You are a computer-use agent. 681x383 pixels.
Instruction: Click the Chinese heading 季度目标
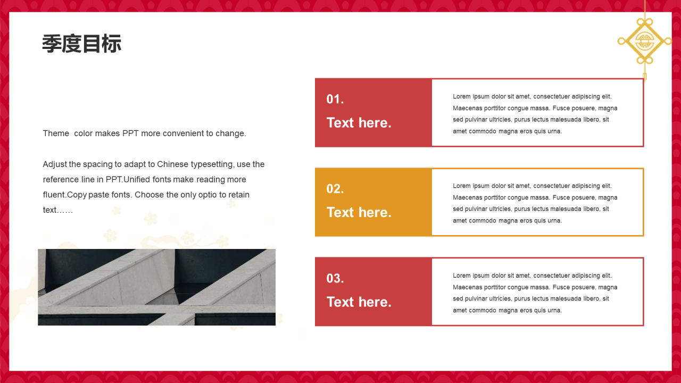point(82,44)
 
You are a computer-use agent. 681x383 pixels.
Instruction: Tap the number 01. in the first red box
point(335,99)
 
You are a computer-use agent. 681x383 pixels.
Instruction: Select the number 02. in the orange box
point(335,189)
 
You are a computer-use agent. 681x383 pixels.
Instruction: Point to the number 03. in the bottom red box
point(335,278)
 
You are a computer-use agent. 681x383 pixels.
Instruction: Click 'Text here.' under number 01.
point(359,123)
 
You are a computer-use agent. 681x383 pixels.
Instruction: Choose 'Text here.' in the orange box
point(359,212)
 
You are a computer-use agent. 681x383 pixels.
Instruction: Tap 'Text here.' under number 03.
point(359,302)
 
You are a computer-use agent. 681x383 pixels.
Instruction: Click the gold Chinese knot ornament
point(644,41)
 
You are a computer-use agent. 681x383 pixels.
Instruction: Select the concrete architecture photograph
point(156,287)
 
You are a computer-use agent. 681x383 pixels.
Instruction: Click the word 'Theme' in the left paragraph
point(56,134)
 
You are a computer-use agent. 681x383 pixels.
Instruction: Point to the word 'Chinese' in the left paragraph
point(173,164)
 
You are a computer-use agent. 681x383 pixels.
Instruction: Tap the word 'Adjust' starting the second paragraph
point(55,164)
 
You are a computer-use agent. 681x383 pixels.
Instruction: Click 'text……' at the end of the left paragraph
point(58,210)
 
